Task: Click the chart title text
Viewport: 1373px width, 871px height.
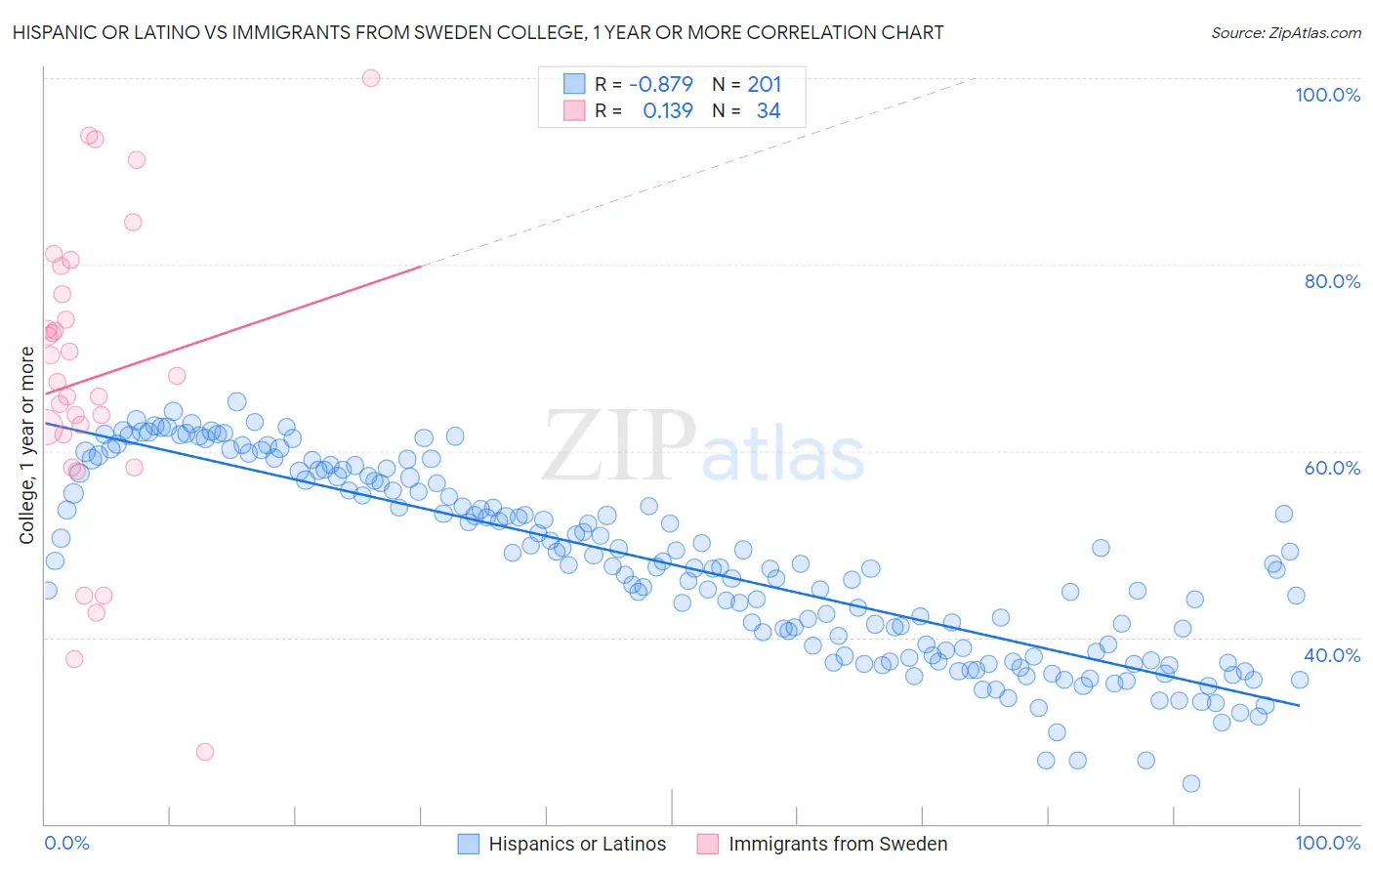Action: tap(478, 32)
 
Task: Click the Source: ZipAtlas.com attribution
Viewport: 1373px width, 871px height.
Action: tap(1285, 32)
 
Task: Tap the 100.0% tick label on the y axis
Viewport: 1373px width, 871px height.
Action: tap(1327, 95)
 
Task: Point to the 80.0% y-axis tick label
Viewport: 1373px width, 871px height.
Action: tap(1332, 281)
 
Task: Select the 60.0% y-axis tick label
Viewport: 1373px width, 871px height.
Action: tap(1332, 468)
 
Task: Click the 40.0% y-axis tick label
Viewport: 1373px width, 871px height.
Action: tap(1332, 655)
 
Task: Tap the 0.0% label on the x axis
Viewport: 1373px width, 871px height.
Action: tap(66, 843)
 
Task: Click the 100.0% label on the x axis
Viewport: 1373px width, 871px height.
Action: tap(1327, 843)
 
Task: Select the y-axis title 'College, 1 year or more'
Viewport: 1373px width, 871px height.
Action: tap(27, 445)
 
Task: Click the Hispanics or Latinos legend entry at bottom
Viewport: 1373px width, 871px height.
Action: tap(577, 844)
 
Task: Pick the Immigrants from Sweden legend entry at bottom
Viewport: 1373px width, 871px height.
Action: tap(837, 844)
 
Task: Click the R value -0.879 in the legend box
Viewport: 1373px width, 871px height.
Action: tap(660, 84)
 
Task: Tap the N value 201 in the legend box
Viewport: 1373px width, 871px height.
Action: tap(764, 84)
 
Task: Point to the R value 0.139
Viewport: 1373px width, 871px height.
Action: tap(668, 110)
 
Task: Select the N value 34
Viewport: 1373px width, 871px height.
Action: tap(769, 110)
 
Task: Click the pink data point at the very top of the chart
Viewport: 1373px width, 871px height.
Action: tap(371, 78)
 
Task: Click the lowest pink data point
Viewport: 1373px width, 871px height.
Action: tap(205, 752)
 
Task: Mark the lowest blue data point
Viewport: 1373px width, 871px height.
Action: tap(1190, 783)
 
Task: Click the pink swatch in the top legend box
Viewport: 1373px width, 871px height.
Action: tap(574, 110)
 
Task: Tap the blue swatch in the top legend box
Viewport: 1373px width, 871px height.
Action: tap(574, 84)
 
